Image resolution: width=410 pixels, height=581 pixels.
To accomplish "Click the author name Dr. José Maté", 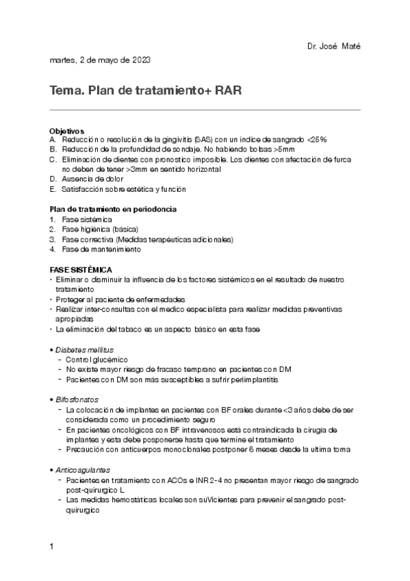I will pos(334,46).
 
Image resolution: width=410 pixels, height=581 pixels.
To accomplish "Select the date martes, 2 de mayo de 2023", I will pos(100,60).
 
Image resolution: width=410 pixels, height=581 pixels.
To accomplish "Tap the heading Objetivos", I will pos(67,130).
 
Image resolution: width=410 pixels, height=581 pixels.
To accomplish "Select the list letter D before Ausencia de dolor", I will pos(53,179).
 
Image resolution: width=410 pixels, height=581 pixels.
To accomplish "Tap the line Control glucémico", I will pos(97,360).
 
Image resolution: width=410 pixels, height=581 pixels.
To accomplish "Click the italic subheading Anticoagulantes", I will pos(82,470).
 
